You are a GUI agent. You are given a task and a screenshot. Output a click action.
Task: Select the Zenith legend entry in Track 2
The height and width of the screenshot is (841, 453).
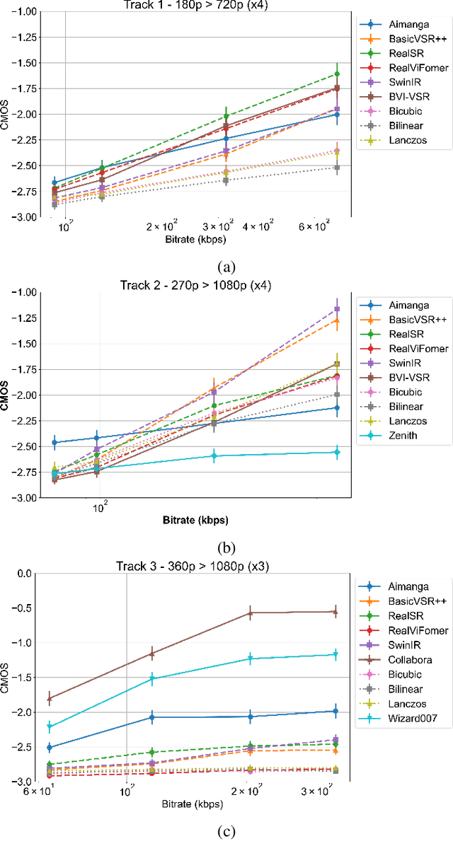(x=402, y=436)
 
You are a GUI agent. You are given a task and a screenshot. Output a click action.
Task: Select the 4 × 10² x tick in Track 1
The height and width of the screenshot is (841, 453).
(x=258, y=227)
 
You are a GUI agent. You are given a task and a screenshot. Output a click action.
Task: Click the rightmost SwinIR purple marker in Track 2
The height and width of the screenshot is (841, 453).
(x=337, y=309)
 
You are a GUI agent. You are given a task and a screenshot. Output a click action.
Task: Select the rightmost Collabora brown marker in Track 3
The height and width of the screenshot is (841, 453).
(x=336, y=612)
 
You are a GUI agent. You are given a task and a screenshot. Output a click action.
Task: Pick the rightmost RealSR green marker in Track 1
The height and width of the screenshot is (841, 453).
(x=337, y=74)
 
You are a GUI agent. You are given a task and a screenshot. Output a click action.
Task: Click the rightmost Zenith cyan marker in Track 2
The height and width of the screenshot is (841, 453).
(x=337, y=452)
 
